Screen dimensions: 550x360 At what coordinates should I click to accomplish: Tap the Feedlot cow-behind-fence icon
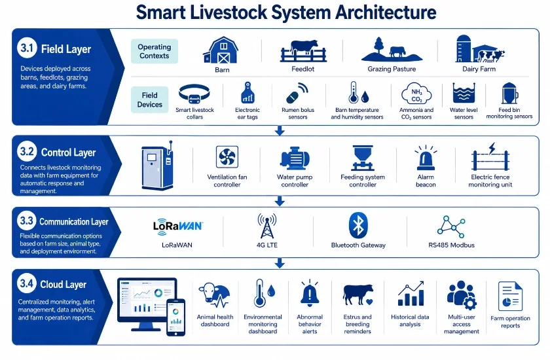click(x=303, y=51)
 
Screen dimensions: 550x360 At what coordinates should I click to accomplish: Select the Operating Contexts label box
click(x=155, y=51)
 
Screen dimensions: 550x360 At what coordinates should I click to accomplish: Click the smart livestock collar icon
click(x=194, y=94)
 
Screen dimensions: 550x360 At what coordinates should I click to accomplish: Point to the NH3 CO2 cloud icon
click(x=416, y=94)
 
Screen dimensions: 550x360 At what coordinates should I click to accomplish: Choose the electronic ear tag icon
click(x=247, y=92)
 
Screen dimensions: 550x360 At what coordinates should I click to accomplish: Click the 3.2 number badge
click(x=27, y=151)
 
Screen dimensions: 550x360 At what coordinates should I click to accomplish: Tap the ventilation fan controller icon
click(x=227, y=156)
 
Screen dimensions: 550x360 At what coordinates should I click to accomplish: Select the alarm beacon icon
click(x=426, y=158)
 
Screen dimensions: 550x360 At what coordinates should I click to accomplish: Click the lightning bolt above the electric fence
click(x=492, y=148)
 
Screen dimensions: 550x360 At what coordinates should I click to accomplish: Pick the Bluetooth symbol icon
click(x=358, y=225)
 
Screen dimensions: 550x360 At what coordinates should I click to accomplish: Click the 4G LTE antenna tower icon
click(x=267, y=226)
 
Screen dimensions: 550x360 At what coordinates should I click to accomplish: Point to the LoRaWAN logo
click(x=178, y=226)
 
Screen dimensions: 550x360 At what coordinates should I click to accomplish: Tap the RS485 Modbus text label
click(x=451, y=245)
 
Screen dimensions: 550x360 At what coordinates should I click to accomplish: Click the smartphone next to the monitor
click(x=175, y=317)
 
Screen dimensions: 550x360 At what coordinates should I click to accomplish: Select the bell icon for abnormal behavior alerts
click(x=310, y=293)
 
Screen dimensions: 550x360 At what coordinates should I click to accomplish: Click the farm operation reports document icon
click(x=510, y=297)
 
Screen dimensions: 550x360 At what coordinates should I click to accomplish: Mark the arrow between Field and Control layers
click(x=280, y=130)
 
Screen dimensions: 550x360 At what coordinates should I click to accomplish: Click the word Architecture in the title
click(x=386, y=12)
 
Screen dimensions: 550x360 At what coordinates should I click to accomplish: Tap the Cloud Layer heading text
click(x=63, y=284)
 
